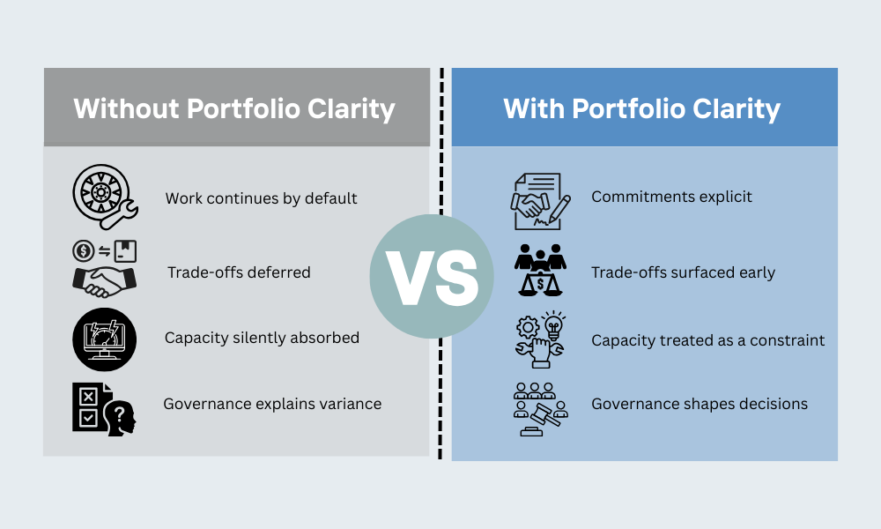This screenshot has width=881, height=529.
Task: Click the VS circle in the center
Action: pyautogui.click(x=432, y=276)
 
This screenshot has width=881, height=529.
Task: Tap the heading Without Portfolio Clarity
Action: pyautogui.click(x=234, y=108)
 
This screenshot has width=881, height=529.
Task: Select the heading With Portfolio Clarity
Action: pyautogui.click(x=642, y=108)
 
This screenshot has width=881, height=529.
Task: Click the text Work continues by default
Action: pyautogui.click(x=261, y=198)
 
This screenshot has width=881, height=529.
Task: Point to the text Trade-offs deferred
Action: pyautogui.click(x=239, y=272)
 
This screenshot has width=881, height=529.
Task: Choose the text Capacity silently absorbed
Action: pyautogui.click(x=262, y=338)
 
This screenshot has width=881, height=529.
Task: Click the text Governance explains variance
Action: pyautogui.click(x=272, y=404)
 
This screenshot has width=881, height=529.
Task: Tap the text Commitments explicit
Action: pyautogui.click(x=671, y=197)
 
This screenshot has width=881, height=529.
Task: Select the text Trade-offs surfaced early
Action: pyautogui.click(x=683, y=272)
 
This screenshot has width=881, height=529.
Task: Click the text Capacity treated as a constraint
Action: pyautogui.click(x=707, y=340)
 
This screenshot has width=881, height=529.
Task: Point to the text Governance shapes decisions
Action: pyautogui.click(x=700, y=404)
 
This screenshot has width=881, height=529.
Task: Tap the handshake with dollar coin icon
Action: pyautogui.click(x=104, y=266)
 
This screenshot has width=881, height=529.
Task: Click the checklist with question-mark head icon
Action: pyautogui.click(x=104, y=406)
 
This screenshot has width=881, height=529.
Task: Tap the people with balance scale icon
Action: pyautogui.click(x=540, y=268)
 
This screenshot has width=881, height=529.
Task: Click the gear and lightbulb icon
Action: pyautogui.click(x=540, y=339)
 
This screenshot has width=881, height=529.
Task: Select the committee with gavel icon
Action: pyautogui.click(x=540, y=408)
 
